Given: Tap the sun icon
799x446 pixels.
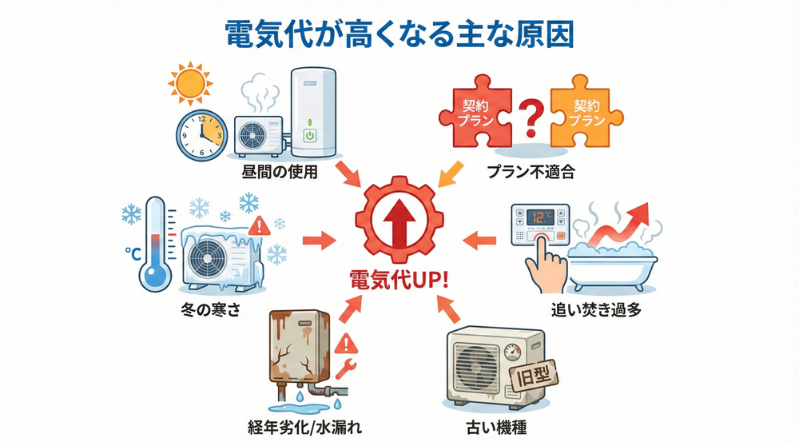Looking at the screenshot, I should [186, 83].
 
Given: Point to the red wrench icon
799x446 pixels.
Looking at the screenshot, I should [350, 369].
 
